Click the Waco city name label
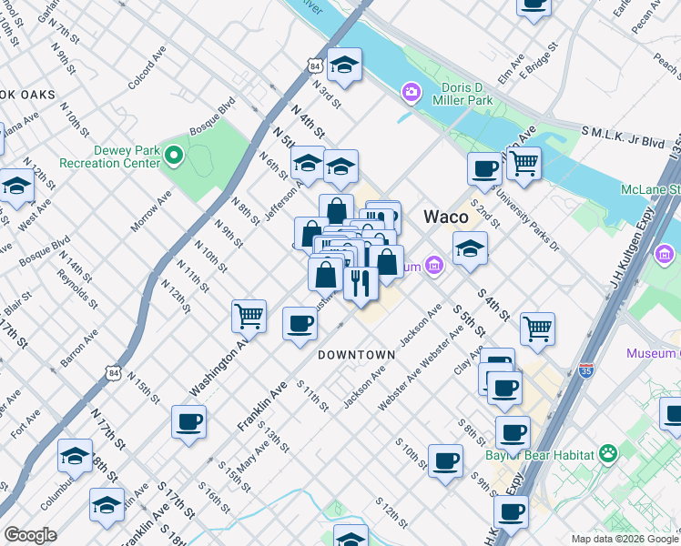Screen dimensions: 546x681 (446, 217)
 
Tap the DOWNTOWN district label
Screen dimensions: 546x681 (356, 355)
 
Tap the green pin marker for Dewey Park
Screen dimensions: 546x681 (173, 156)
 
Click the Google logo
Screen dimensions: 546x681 (30, 535)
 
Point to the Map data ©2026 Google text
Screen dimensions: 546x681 (625, 539)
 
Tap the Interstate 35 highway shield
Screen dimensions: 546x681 (585, 370)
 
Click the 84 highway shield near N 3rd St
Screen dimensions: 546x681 (315, 66)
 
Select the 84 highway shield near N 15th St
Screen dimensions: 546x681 (112, 372)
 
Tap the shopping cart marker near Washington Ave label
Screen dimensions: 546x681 (249, 316)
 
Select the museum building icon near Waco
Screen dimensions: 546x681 (435, 266)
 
